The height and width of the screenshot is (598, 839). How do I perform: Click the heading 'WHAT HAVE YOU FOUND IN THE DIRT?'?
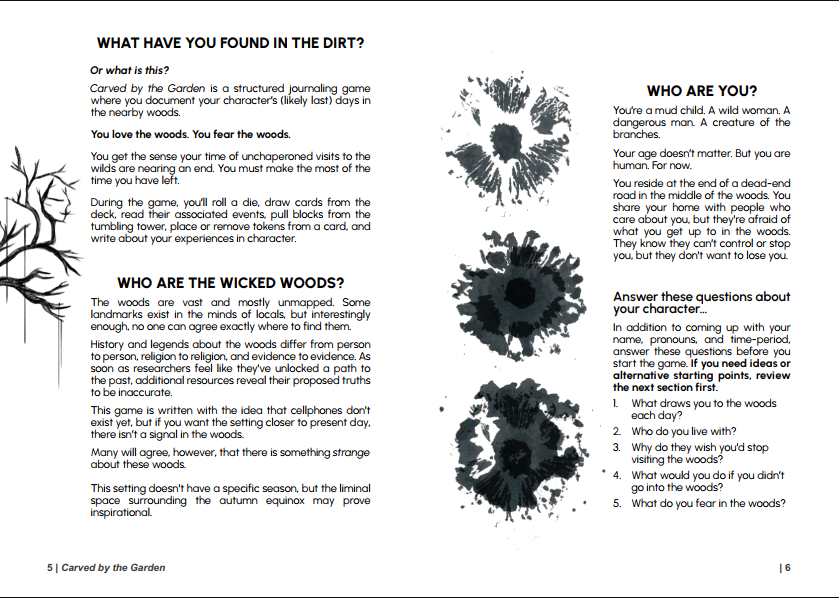click(229, 44)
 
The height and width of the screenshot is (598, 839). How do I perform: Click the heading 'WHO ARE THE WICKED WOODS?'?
click(230, 283)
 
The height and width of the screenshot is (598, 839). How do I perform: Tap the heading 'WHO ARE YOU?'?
click(701, 91)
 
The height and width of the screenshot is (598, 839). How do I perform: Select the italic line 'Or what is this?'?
click(129, 70)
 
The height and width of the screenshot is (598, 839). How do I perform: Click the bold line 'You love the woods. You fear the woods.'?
click(190, 134)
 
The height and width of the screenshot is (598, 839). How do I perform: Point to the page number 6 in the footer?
click(787, 568)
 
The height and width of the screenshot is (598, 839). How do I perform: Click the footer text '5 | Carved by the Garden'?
click(106, 568)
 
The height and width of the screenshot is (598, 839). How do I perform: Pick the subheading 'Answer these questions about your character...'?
click(701, 303)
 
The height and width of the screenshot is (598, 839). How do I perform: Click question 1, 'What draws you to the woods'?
click(703, 404)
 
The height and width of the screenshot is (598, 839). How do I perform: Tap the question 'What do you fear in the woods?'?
click(707, 503)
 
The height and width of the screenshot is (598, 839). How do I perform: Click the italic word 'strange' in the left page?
click(351, 453)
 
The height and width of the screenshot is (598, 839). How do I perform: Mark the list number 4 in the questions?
click(617, 476)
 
